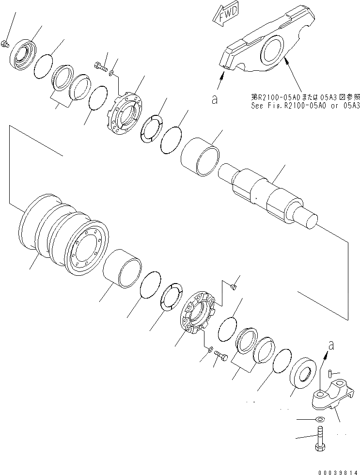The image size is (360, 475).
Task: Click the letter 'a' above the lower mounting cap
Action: (x=330, y=346)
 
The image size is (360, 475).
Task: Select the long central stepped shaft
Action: (x=271, y=194)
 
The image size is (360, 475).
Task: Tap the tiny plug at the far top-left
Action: (x=5, y=44)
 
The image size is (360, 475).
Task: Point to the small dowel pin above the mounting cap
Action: (x=329, y=373)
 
